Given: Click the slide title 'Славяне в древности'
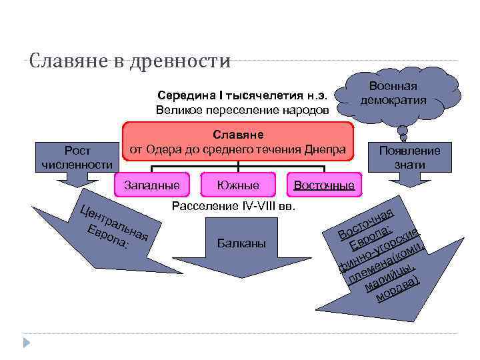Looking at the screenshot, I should coord(130,61).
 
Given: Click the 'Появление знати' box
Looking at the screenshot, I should coord(409,157).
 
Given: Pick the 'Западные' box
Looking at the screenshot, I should coord(151,183).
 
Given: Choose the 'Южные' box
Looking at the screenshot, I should coord(239,183).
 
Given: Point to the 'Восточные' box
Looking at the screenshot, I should coord(324,185).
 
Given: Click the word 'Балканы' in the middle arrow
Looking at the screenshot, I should coord(241,243).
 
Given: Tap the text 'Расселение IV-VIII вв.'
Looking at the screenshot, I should coord(233,205).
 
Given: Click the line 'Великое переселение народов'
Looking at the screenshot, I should coord(242,109).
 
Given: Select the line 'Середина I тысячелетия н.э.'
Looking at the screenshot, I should coord(242,95).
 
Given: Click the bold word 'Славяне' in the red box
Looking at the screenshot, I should coord(238,135).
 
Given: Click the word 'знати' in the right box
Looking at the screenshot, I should coord(409,164).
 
